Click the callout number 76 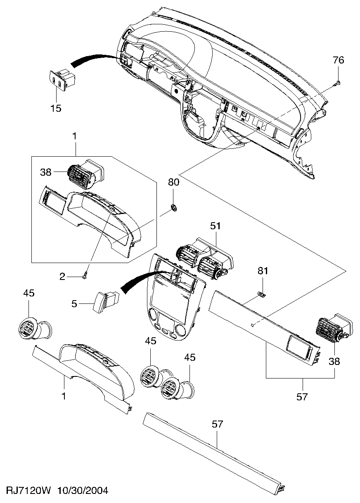(x=338, y=60)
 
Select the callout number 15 (x=56, y=108)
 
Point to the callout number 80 (x=173, y=182)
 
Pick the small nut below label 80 (x=173, y=207)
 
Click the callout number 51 (x=216, y=226)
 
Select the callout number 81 (x=263, y=271)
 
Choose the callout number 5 (x=74, y=304)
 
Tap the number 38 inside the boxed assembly (x=46, y=172)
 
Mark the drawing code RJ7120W (x=28, y=496)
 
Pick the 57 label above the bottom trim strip (x=217, y=425)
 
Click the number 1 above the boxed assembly (x=74, y=136)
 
